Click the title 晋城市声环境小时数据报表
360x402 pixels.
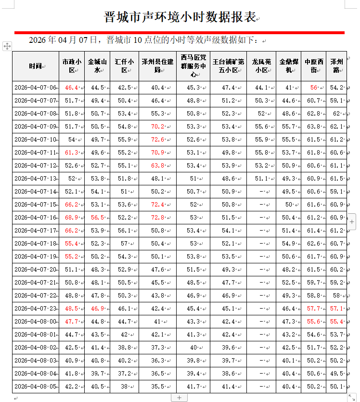[180, 17]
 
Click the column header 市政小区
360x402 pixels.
[72, 66]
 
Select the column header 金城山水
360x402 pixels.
[97, 66]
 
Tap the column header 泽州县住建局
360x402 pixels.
[157, 66]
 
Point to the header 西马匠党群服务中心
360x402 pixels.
[193, 66]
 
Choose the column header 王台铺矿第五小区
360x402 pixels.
[229, 66]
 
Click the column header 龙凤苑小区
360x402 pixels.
[262, 66]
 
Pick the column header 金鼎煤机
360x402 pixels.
[289, 66]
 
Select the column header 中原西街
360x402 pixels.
[314, 66]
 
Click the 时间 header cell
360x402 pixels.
[35, 66]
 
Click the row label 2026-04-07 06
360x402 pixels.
[35, 88]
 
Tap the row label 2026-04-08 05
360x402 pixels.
[35, 386]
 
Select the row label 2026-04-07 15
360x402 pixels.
[35, 205]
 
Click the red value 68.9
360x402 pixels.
[71, 218]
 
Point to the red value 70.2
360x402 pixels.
[157, 127]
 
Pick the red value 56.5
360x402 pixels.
[97, 218]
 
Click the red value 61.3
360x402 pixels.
[71, 153]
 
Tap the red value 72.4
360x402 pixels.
[157, 205]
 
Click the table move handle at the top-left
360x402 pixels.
[7, 46]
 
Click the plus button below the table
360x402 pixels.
[179, 398]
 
